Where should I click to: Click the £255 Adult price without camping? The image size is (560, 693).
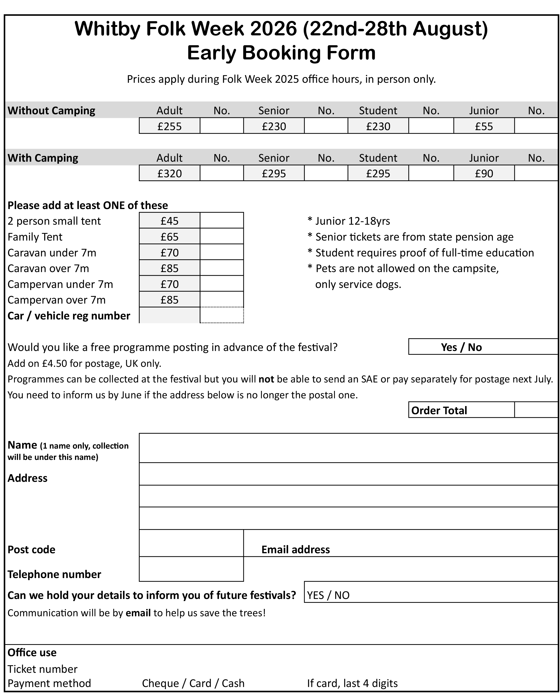click(169, 126)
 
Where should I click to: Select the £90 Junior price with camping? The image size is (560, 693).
click(484, 173)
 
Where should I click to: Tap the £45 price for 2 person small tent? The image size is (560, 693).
click(169, 221)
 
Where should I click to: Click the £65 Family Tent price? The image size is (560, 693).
click(169, 237)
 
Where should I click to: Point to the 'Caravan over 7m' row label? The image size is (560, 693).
click(48, 268)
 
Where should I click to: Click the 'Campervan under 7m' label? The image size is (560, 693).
click(60, 284)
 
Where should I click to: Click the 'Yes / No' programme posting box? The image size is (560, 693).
click(461, 347)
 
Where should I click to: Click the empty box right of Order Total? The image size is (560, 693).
click(536, 410)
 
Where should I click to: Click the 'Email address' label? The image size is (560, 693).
click(295, 550)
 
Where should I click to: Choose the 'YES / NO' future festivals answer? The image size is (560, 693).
click(328, 595)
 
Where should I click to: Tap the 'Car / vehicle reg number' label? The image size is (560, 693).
click(69, 316)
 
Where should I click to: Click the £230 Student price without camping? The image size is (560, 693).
click(378, 126)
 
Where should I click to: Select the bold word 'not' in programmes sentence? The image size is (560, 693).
click(266, 379)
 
